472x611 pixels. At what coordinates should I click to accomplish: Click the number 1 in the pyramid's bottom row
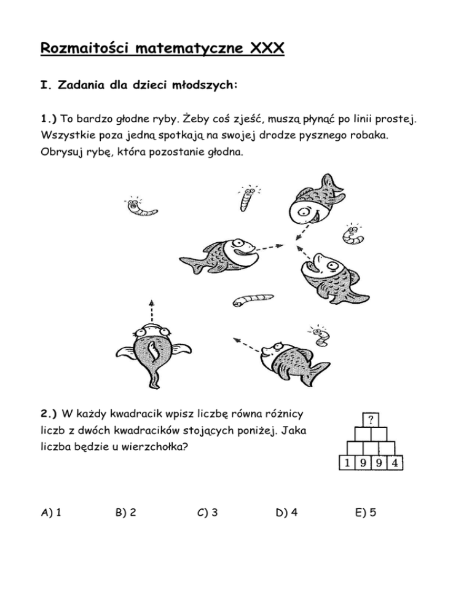click(348, 463)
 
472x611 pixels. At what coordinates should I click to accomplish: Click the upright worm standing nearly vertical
click(248, 197)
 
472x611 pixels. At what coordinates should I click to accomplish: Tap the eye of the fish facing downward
click(304, 214)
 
